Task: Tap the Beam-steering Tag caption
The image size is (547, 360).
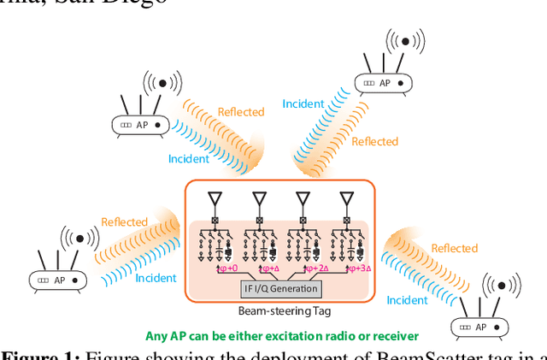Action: tap(280, 310)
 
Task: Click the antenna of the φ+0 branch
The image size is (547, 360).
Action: tap(215, 201)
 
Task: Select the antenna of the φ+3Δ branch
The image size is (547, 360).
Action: tap(347, 201)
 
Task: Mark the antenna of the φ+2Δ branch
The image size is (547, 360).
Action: tap(303, 201)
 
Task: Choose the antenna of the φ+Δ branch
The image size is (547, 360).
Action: tap(259, 201)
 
